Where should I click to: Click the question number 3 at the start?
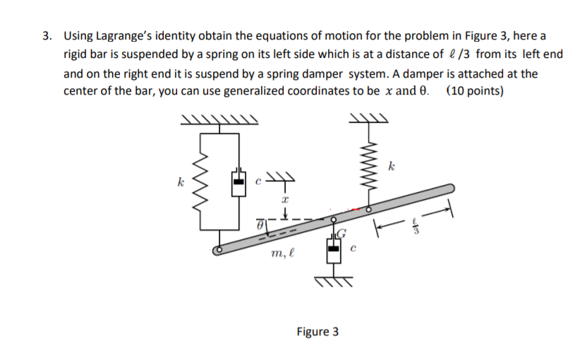[46, 35]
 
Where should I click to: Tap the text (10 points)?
[475, 91]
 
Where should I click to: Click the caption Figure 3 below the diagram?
[317, 331]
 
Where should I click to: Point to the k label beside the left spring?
[182, 182]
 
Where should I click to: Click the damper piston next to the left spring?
[239, 181]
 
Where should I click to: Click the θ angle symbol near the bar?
[260, 224]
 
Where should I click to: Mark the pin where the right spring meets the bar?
[367, 210]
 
